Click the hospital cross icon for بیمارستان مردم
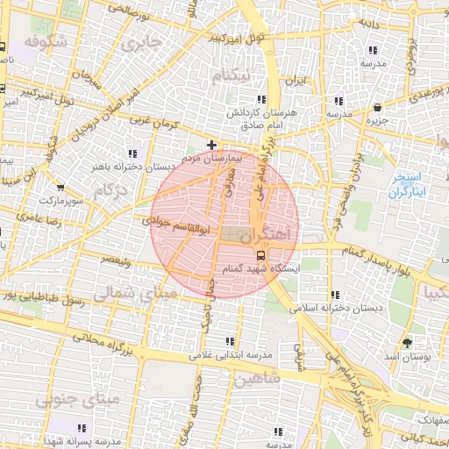coord(210,144)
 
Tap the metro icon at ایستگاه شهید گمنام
coord(259,254)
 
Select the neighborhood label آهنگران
coord(269,234)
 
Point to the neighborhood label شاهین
coord(256,379)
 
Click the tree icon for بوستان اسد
coord(406,342)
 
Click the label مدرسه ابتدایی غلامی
coord(231,355)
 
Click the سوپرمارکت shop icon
coord(60,187)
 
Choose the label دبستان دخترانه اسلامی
coord(333,308)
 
